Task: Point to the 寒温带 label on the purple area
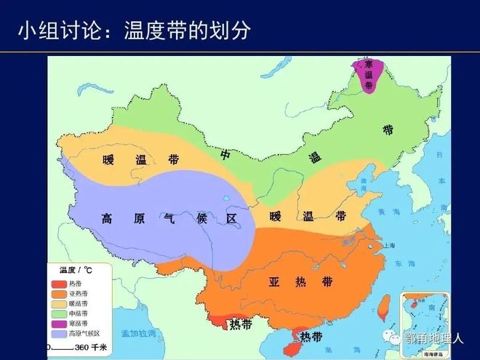click(x=369, y=74)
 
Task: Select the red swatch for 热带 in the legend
click(x=58, y=284)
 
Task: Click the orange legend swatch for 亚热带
click(x=58, y=293)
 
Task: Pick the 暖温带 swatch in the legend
click(x=58, y=303)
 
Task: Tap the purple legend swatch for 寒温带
click(x=58, y=323)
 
